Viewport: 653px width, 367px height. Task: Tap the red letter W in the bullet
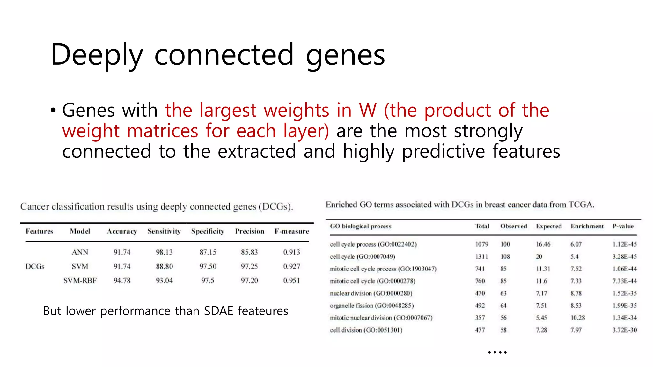coord(368,110)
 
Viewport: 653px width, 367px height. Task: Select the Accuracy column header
coord(122,231)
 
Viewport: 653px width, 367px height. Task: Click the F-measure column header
coord(292,231)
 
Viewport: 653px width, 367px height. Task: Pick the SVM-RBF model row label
coord(80,281)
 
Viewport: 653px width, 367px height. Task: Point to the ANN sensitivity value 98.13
coord(164,252)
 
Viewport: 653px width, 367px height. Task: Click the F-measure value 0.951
coord(291,281)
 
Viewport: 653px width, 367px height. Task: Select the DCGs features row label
coord(35,267)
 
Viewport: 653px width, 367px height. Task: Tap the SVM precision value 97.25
coord(249,267)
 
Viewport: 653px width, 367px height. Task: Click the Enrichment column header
coord(587,226)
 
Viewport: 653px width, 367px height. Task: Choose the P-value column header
coord(623,226)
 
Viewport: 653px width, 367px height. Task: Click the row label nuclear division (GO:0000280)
coord(371,293)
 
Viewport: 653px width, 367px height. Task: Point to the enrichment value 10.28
coord(578,318)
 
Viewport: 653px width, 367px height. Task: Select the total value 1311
coord(481,257)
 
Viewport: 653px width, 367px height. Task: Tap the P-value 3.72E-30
coord(624,330)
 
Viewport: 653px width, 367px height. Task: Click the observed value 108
coord(505,257)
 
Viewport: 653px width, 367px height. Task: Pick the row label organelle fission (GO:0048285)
coord(372,306)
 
